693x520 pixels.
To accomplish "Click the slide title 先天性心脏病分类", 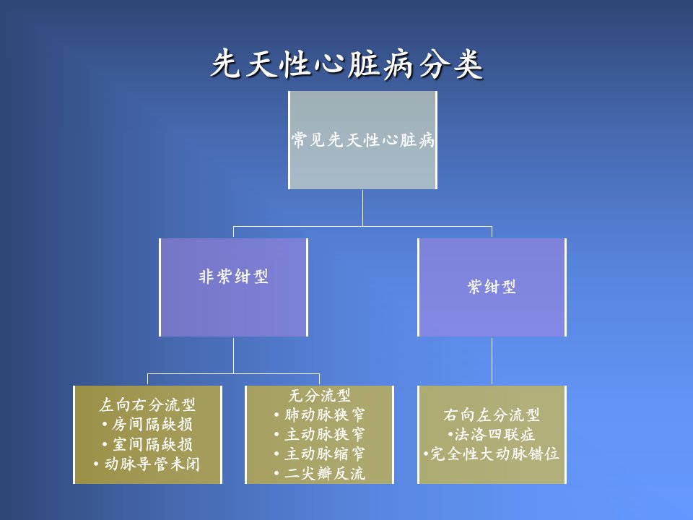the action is tap(347, 64).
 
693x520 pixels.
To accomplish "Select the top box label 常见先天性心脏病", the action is tap(363, 140).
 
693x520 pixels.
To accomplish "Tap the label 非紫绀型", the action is tap(233, 277).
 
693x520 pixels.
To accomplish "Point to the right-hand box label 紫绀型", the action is tap(492, 287).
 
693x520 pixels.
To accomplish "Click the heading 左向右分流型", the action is tap(147, 404).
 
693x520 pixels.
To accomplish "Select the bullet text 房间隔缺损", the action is tap(152, 425).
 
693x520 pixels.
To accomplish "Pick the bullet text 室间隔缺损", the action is tap(152, 444).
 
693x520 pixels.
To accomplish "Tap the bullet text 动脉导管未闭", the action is tap(152, 464).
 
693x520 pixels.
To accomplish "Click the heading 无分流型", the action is tap(320, 395).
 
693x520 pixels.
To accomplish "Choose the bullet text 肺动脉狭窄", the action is tap(325, 415).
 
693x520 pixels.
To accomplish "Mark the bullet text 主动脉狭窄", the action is tap(325, 434).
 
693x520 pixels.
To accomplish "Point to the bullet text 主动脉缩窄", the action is tap(325, 454).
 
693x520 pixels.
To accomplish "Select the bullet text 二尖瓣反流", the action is tap(325, 474).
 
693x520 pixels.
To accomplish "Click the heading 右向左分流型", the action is tap(492, 415).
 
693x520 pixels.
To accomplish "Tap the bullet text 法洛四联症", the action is tap(494, 434).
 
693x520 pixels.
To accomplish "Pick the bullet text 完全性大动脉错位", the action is tap(494, 454).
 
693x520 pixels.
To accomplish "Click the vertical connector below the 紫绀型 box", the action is tap(492, 361).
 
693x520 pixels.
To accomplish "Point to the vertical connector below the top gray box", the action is tap(363, 208).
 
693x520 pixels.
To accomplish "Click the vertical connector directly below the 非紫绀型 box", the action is tap(233, 355).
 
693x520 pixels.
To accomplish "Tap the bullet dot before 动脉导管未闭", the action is tap(96, 464).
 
